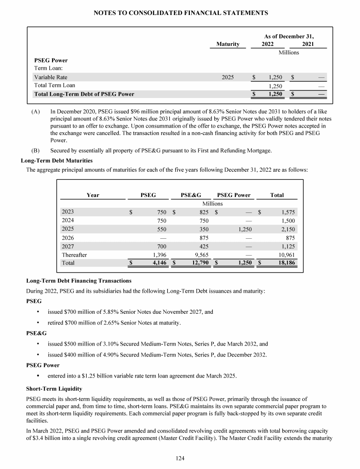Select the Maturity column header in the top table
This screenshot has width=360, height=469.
pos(228,44)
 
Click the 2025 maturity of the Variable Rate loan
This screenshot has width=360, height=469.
pos(228,77)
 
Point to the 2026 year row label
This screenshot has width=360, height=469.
pos(68,237)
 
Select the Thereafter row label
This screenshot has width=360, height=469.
pos(75,254)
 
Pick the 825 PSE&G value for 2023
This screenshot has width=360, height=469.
pos(203,212)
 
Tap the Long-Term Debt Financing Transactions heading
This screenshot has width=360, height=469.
pos(79,280)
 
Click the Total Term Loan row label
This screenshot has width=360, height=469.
pos(54,85)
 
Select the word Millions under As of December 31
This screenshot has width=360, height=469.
pos(289,53)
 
